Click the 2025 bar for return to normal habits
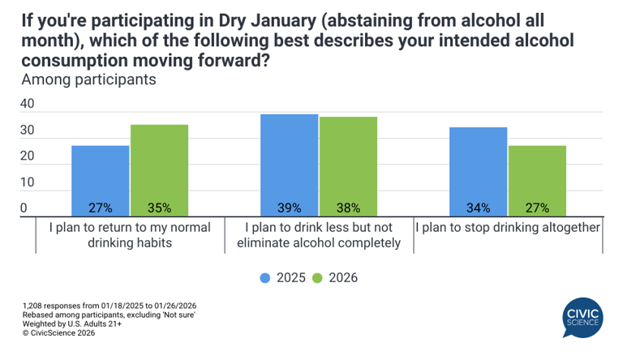(x=100, y=181)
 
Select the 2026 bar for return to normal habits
(x=159, y=170)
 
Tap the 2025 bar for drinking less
(x=289, y=165)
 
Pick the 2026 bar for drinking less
(x=348, y=166)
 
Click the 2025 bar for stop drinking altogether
(x=478, y=172)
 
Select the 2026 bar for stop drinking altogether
(x=537, y=181)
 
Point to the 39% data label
(x=289, y=208)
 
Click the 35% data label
(x=159, y=208)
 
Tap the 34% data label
(x=478, y=208)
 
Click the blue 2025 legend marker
(x=265, y=278)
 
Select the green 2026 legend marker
(x=318, y=278)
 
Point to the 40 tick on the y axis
(x=27, y=105)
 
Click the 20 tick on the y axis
(x=27, y=156)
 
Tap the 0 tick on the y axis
(x=24, y=208)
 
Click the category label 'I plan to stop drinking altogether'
(x=507, y=227)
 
